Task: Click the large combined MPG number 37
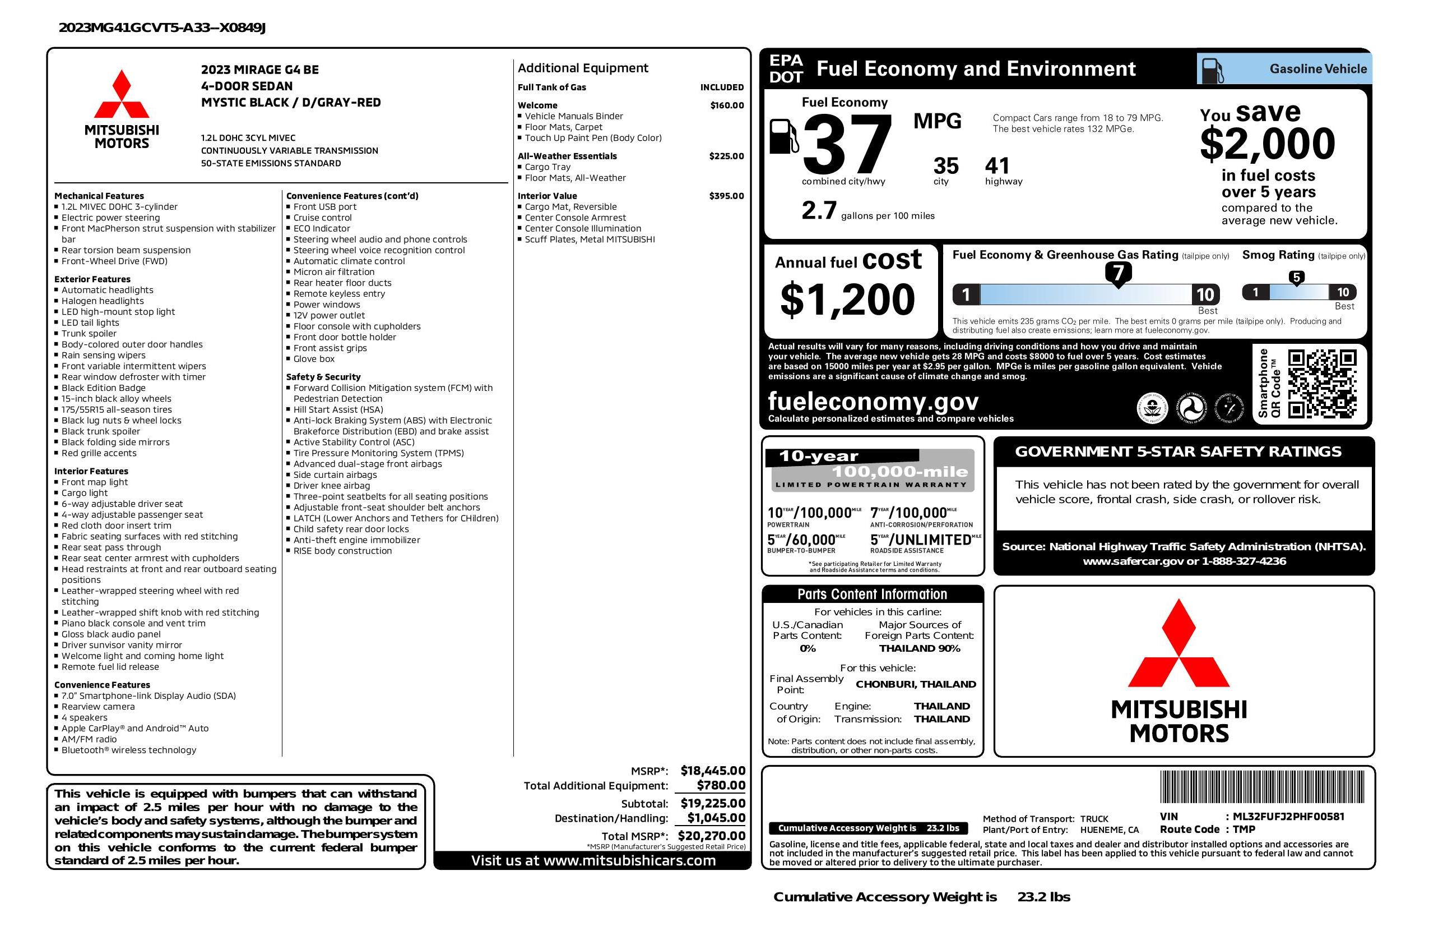click(847, 144)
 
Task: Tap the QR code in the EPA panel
click(1322, 384)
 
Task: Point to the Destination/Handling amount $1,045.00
click(716, 817)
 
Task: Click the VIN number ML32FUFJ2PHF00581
click(1288, 816)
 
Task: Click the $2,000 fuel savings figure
click(1267, 144)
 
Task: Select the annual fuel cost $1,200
click(847, 300)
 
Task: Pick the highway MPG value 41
click(997, 166)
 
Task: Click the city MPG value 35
click(946, 166)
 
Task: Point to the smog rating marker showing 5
click(1296, 278)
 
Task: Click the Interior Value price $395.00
click(726, 196)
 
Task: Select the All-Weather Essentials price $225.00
click(726, 156)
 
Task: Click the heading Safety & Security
click(323, 377)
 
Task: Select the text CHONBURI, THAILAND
click(916, 684)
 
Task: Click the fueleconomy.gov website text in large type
click(873, 401)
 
